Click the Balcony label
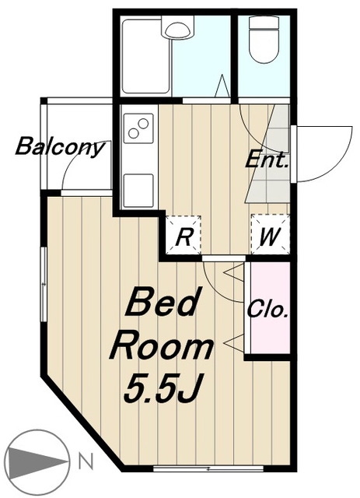[x=61, y=147]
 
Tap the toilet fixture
[x=264, y=39]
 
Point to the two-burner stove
[x=138, y=128]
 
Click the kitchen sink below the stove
[x=138, y=190]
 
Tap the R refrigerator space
[x=183, y=235]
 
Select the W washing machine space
[x=270, y=235]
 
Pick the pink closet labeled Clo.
[x=271, y=307]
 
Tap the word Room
[x=161, y=348]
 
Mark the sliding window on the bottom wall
[x=208, y=468]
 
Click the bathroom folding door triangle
[x=222, y=86]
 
